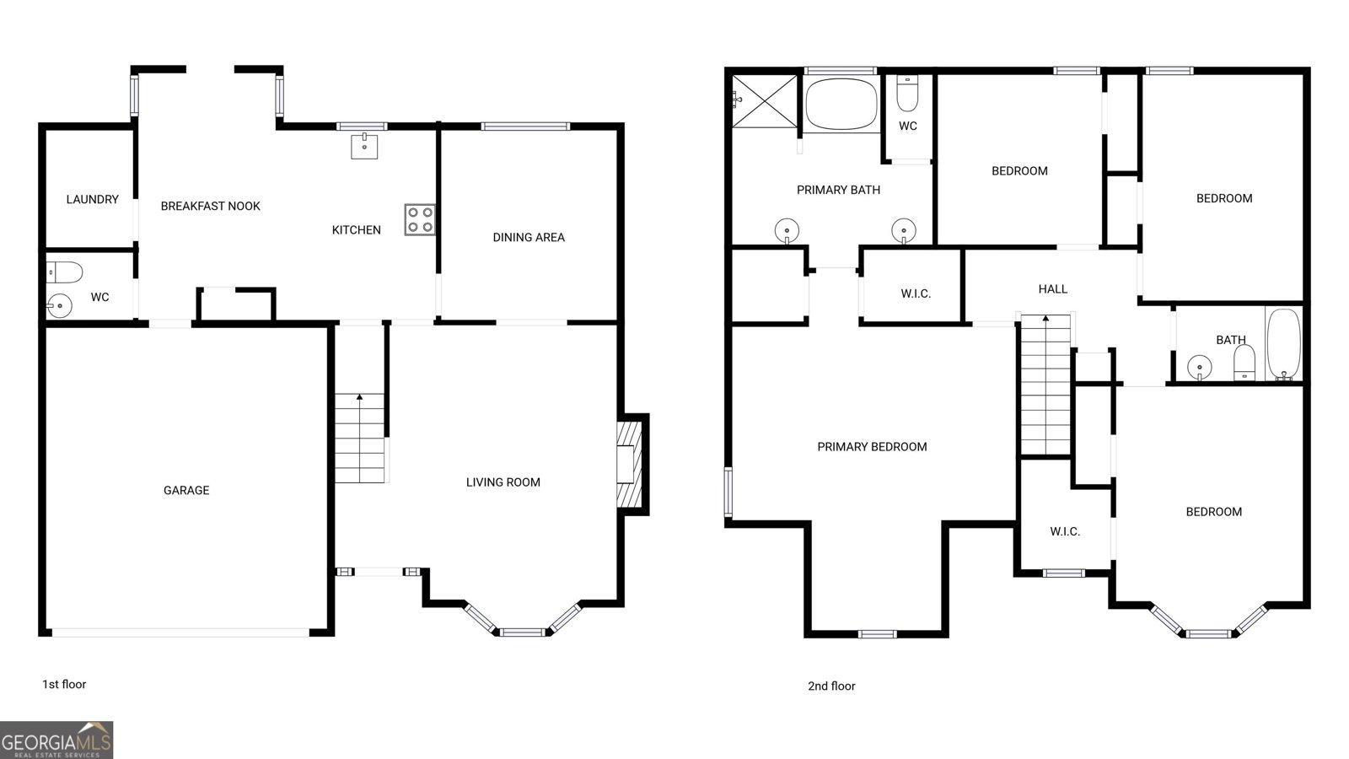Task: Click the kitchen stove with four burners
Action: pyautogui.click(x=419, y=219)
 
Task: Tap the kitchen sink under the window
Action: pyautogui.click(x=364, y=146)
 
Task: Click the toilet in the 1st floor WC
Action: pyautogui.click(x=65, y=272)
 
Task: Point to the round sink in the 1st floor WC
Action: pyautogui.click(x=59, y=304)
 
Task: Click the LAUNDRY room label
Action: pyautogui.click(x=93, y=199)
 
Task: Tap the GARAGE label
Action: pyautogui.click(x=186, y=490)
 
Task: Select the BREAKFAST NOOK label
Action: pyautogui.click(x=211, y=206)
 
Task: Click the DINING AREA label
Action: pyautogui.click(x=529, y=237)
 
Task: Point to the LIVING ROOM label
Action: pyautogui.click(x=503, y=482)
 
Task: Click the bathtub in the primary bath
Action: pyautogui.click(x=841, y=104)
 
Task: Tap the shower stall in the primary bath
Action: pyautogui.click(x=764, y=101)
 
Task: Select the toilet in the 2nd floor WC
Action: pyautogui.click(x=907, y=94)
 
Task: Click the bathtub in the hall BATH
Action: pyautogui.click(x=1283, y=344)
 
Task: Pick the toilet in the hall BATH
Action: pyautogui.click(x=1244, y=363)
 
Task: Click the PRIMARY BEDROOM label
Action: pyautogui.click(x=872, y=447)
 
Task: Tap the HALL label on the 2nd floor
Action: pyautogui.click(x=1053, y=289)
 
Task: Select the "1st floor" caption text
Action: pyautogui.click(x=64, y=684)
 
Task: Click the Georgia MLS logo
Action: pyautogui.click(x=56, y=740)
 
